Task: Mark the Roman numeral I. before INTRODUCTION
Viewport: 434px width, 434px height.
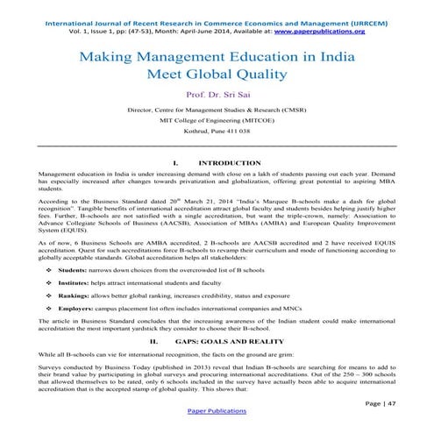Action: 176,163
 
